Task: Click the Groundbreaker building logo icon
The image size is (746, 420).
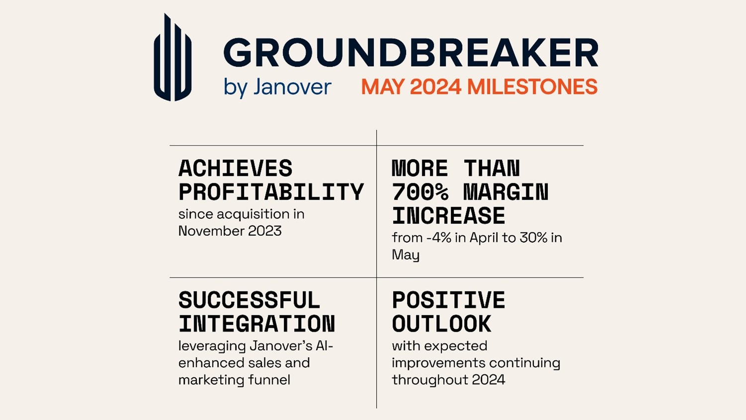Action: coord(172,58)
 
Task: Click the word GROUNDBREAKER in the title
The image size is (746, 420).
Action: coord(411,53)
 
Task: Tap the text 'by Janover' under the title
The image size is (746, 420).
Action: coord(277,87)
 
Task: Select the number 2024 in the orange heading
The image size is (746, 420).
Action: coord(435,87)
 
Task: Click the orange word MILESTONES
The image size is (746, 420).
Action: coord(532,87)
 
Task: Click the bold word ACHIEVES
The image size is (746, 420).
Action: coord(236,169)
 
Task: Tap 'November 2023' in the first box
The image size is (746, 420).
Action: coord(230,231)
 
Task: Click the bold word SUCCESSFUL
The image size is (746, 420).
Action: coord(249,301)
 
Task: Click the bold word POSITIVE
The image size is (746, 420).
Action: coord(448,301)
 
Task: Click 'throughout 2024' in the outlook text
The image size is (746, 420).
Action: coord(448,380)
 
